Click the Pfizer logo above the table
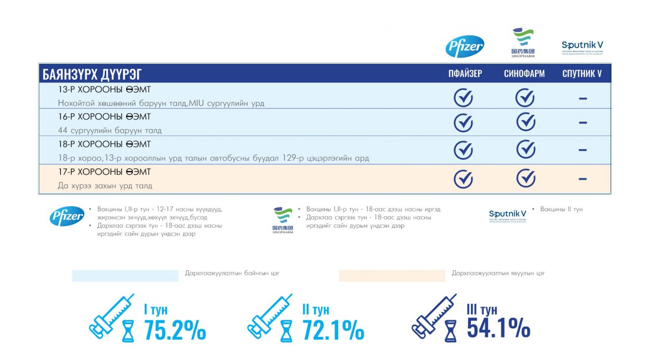pos(465,46)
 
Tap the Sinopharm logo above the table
pos(523,42)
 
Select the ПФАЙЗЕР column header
pos(465,74)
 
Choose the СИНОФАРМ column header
pos(524,74)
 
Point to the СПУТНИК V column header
pos(582,74)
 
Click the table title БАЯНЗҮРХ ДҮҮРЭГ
pos(92,74)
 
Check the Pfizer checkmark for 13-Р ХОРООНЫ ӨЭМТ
pos(463,98)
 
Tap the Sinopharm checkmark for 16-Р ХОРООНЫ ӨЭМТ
pos(525,122)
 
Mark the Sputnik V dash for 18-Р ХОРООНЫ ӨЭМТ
pos(583,150)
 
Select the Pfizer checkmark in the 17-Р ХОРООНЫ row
pos(463,179)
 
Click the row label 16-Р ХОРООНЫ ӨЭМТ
pos(104,117)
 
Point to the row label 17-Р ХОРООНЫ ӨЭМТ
pos(104,172)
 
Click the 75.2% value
pos(175,329)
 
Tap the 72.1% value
pos(333,329)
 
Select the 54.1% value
pos(498,328)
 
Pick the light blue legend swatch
pos(125,275)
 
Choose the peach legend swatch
pos(391,275)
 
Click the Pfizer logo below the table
pos(67,216)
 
